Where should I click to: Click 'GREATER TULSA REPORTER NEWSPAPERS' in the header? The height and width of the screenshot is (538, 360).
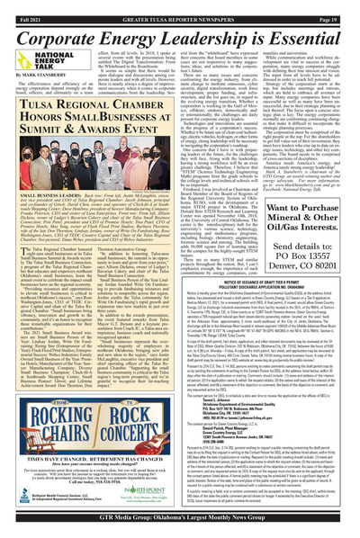pyautogui.click(x=180, y=6)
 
